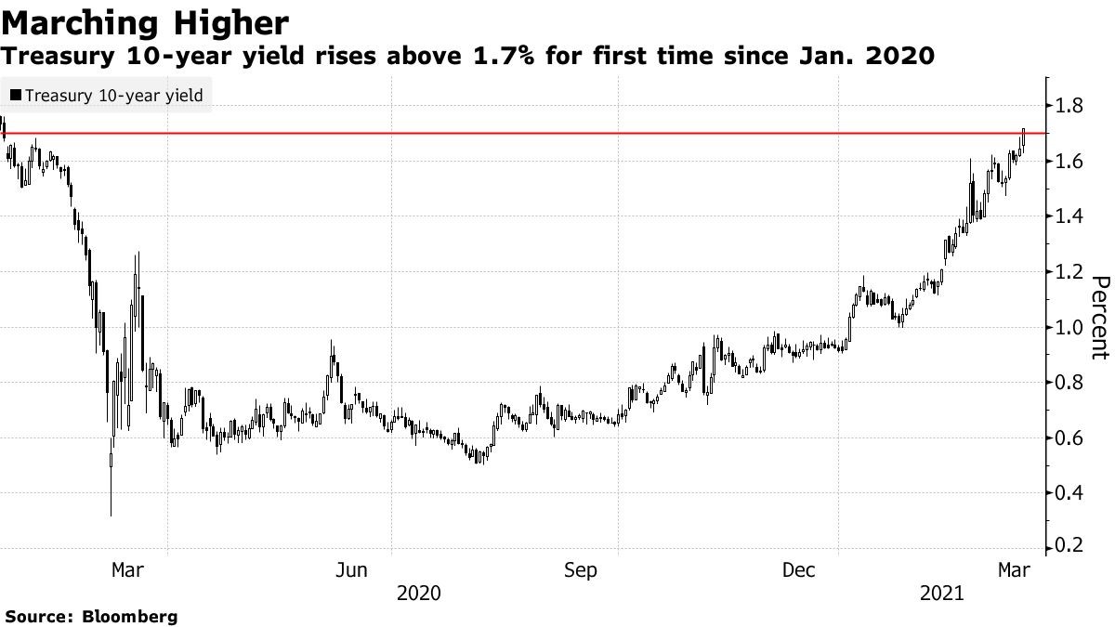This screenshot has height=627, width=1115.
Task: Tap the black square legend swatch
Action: click(16, 95)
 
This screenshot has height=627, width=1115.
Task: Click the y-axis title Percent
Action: click(1100, 317)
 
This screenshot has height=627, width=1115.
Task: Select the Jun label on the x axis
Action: click(352, 570)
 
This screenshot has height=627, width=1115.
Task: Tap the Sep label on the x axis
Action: click(581, 570)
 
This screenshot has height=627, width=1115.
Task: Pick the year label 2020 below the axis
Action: click(419, 593)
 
